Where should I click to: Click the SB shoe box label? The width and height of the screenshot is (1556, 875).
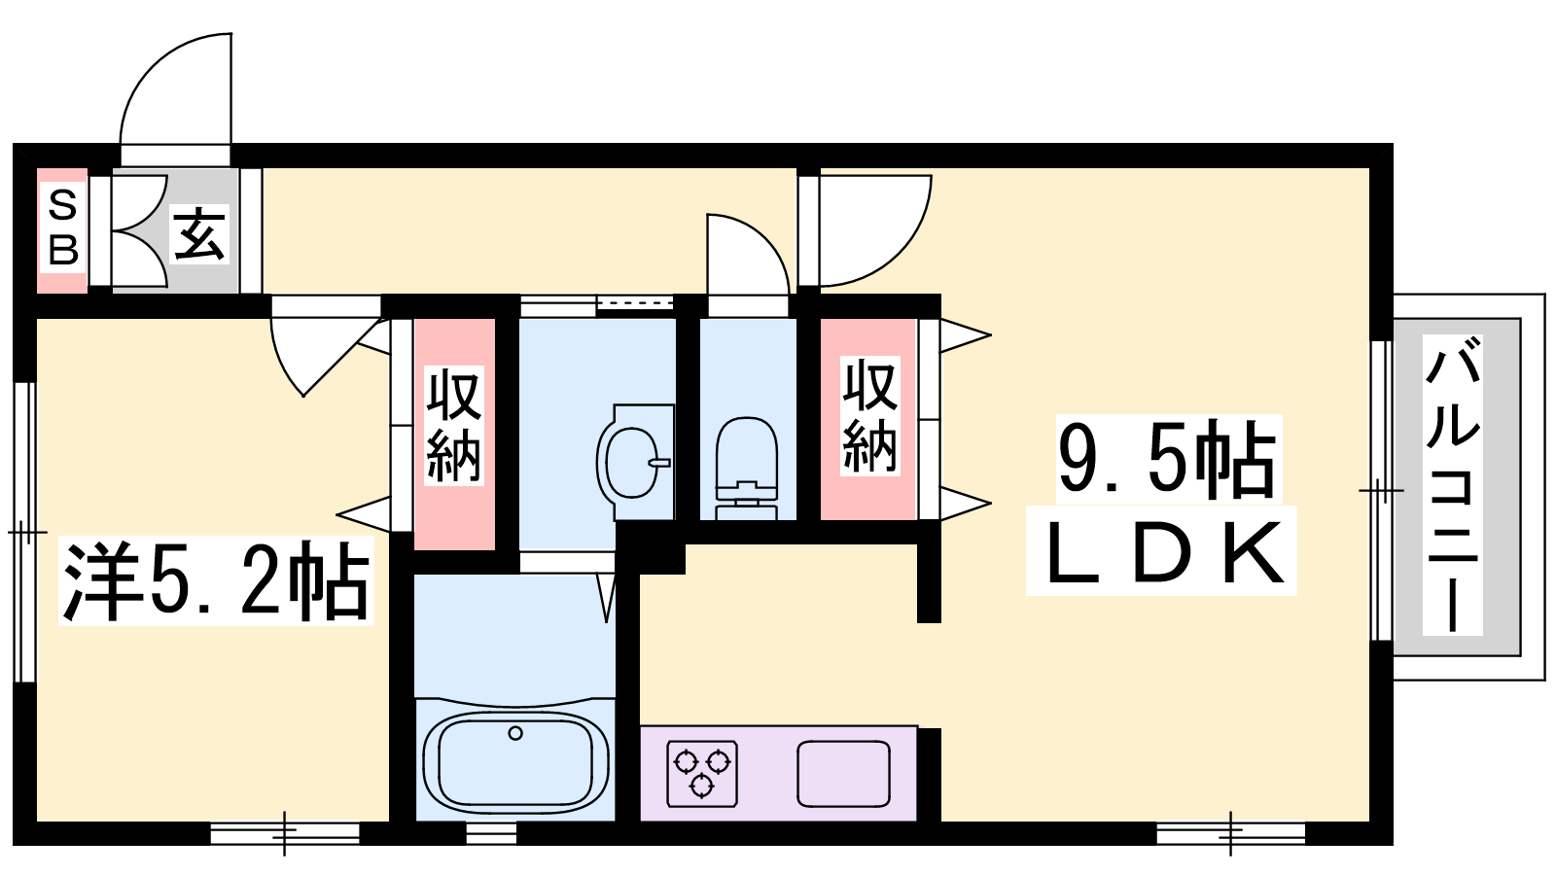click(62, 229)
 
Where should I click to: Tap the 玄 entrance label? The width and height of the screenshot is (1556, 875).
click(200, 234)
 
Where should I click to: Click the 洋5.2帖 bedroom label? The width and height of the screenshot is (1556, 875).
click(216, 580)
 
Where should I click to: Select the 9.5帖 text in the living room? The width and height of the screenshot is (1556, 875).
click(1168, 459)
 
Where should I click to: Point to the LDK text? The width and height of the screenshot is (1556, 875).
click(1161, 551)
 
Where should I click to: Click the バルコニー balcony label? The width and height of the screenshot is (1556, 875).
click(1453, 485)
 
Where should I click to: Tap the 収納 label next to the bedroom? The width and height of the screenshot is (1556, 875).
click(454, 426)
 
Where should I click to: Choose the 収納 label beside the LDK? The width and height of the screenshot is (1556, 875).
click(870, 416)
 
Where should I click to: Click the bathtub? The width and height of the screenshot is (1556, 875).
click(515, 760)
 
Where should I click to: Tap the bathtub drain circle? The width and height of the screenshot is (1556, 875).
click(514, 733)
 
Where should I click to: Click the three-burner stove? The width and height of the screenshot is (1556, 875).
click(702, 774)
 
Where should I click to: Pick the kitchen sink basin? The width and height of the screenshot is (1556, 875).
click(843, 774)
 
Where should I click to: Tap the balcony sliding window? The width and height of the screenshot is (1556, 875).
click(1381, 490)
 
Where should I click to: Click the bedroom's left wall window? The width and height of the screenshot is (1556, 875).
click(25, 532)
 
